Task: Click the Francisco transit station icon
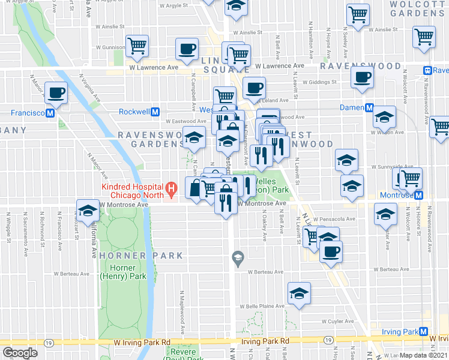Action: point(50,112)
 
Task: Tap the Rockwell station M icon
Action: point(155,112)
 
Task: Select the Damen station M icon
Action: point(369,107)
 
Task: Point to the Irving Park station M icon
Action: point(423,332)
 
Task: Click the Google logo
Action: point(20,353)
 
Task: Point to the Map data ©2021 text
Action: point(424,355)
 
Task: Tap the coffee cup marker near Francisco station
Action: point(56,92)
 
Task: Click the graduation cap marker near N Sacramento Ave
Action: point(88,211)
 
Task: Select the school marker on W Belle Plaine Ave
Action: point(298,293)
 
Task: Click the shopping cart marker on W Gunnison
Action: point(137,44)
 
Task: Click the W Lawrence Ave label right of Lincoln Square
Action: point(279,66)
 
